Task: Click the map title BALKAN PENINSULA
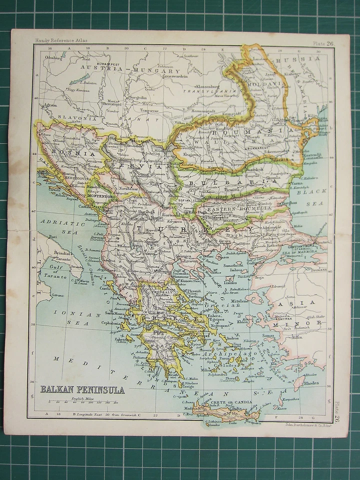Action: (x=82, y=389)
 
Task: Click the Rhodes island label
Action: (x=311, y=384)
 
